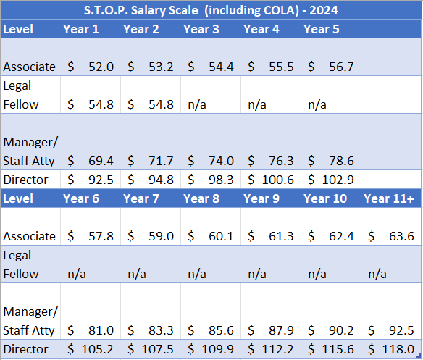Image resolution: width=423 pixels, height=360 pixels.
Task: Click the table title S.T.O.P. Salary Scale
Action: coord(211,11)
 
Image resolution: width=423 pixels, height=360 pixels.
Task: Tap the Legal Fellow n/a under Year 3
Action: coord(198,104)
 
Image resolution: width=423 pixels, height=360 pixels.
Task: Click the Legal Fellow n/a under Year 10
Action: coord(318,274)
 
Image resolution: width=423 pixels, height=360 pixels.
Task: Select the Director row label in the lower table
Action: coord(25,349)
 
